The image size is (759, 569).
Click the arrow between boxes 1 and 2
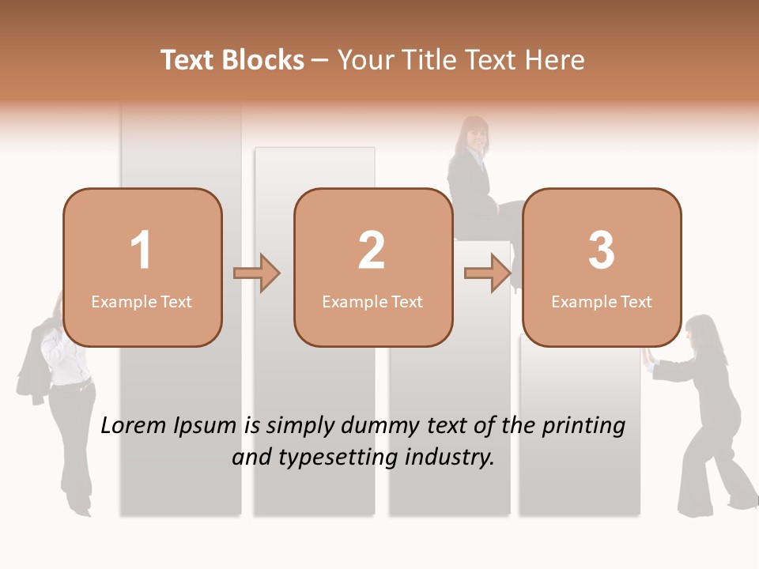257,273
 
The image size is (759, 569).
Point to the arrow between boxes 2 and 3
488,273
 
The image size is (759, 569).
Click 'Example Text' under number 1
142,302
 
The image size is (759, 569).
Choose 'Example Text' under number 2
372,302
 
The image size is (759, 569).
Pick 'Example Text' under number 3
602,302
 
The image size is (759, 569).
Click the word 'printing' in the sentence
583,426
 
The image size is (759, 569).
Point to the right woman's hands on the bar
648,357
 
